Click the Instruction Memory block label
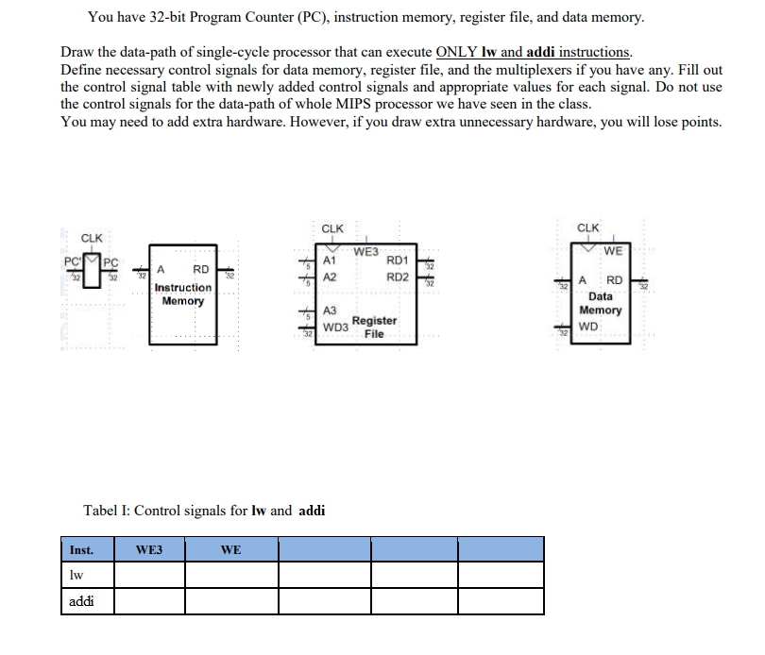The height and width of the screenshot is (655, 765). tap(182, 294)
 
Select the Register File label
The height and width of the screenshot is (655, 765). tap(374, 327)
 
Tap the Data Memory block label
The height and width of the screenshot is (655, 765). tap(600, 303)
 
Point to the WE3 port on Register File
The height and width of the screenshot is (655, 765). tap(365, 251)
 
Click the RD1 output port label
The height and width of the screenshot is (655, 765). tap(398, 260)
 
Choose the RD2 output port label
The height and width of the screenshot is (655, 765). tap(398, 277)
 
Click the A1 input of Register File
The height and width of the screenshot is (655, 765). tap(330, 260)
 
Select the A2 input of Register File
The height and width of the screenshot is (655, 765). tap(330, 277)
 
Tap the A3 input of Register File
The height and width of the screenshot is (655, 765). tap(330, 311)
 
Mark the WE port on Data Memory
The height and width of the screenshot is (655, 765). tap(613, 250)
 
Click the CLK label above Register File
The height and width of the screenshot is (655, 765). tap(332, 228)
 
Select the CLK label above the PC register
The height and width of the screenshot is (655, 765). tap(93, 238)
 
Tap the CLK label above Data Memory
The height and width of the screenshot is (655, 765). tap(587, 227)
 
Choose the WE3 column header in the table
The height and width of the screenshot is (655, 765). tap(149, 549)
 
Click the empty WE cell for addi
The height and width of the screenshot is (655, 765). tap(230, 601)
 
